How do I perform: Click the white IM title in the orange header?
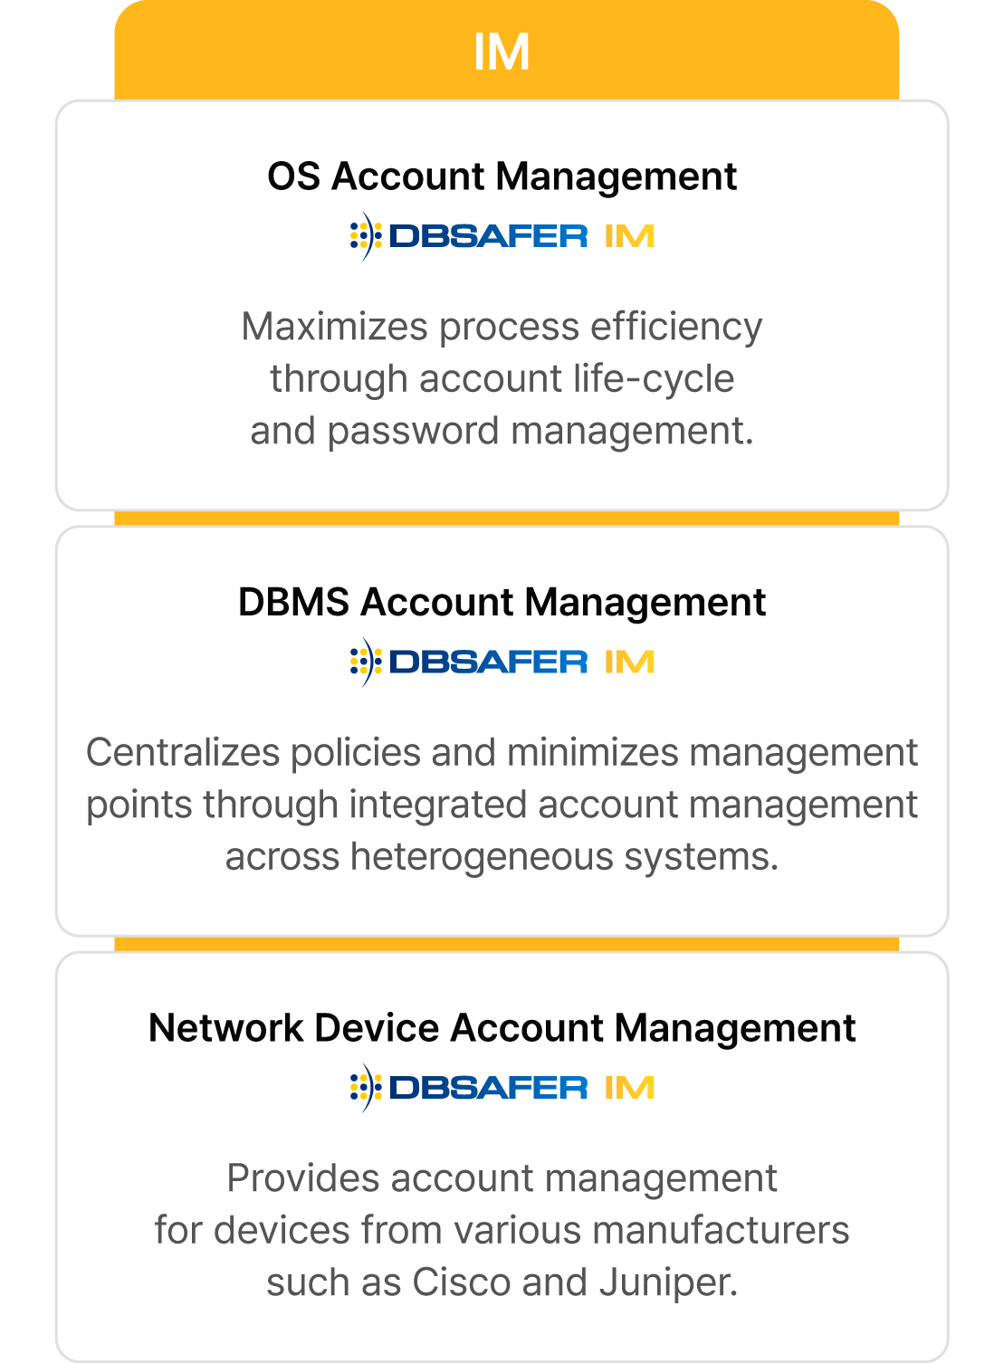pos(502,52)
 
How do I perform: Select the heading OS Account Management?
pos(502,176)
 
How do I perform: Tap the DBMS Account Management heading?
pos(502,602)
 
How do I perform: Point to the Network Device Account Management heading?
pos(502,1028)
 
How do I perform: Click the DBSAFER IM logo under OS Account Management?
pos(502,236)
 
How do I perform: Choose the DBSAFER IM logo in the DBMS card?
pos(502,662)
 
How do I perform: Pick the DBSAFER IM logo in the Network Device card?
pos(502,1088)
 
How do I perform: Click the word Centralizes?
pos(183,753)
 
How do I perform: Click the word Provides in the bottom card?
pos(303,1178)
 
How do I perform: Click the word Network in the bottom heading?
pos(225,1028)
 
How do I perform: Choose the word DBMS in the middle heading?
pos(293,602)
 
